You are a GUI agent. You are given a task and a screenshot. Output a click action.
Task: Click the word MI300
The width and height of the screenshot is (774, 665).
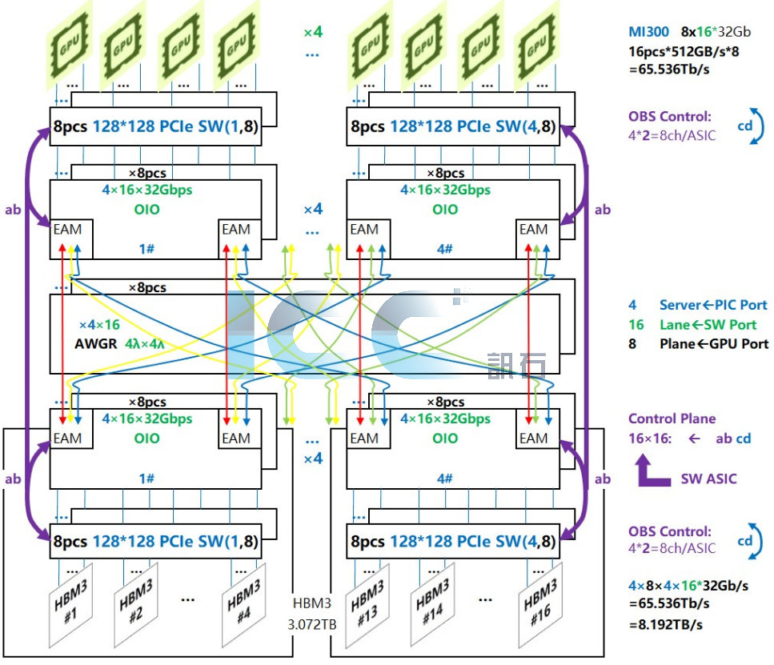point(646,33)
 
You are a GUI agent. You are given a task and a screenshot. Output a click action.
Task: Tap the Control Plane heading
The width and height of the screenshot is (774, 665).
point(672,419)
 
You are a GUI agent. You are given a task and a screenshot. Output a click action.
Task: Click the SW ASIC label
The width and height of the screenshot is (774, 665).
point(707,479)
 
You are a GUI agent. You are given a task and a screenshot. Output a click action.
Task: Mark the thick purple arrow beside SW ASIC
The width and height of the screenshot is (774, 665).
point(652,472)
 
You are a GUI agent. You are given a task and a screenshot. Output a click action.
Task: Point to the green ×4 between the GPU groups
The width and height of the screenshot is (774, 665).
point(313,33)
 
